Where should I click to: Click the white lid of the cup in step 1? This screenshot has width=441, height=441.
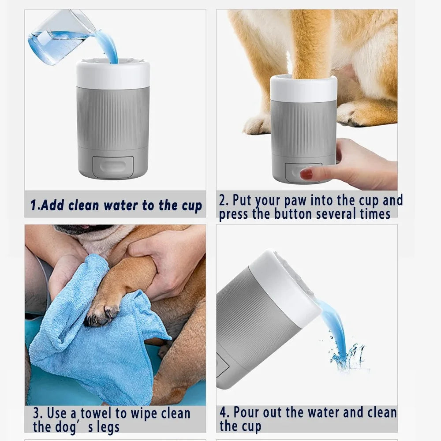pyautogui.click(x=112, y=75)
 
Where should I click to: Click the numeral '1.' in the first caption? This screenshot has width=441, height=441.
pyautogui.click(x=35, y=206)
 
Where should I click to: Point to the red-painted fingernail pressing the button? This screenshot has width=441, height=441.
pyautogui.click(x=306, y=175)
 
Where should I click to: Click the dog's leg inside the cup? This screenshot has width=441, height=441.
pyautogui.click(x=310, y=49)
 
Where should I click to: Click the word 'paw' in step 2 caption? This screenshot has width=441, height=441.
pyautogui.click(x=295, y=200)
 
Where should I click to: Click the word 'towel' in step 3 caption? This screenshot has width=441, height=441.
pyautogui.click(x=103, y=414)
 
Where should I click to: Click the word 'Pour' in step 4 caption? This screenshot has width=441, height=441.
pyautogui.click(x=247, y=413)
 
